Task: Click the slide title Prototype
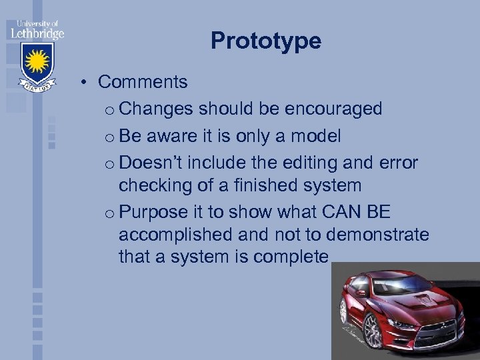266,41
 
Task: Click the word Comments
143,82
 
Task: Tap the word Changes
157,109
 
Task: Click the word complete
291,257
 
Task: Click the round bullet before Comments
87,83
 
